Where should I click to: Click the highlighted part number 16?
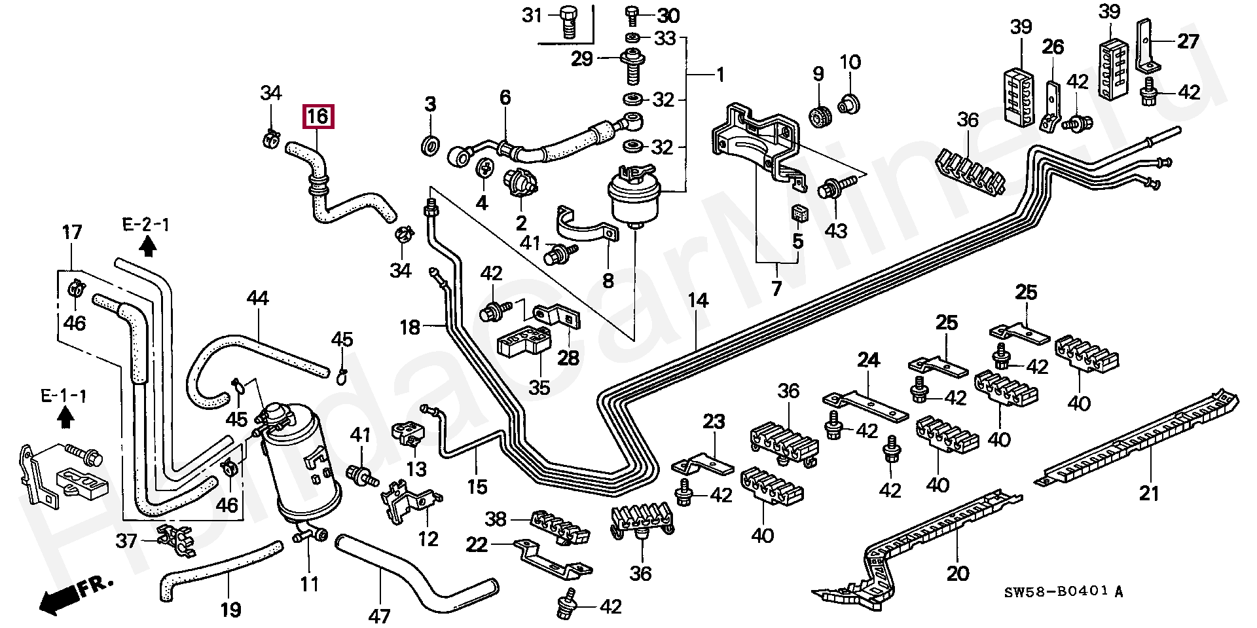pos(318,117)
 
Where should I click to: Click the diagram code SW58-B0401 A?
pos(1064,592)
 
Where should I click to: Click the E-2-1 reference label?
pos(146,225)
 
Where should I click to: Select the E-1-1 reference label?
pos(64,396)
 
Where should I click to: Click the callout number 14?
pos(698,301)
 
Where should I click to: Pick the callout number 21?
pos(1150,492)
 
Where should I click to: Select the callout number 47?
pos(379,616)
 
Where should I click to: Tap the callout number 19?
pos(230,610)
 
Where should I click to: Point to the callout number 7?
pos(776,287)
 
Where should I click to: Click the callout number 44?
pos(258,298)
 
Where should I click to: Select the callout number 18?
pos(410,327)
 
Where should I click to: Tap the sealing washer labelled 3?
pos(430,145)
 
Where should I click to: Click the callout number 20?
pos(958,573)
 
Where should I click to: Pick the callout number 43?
pos(836,231)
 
